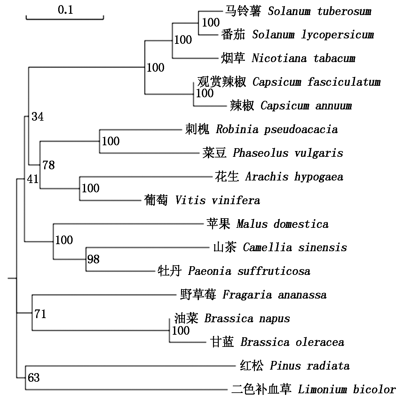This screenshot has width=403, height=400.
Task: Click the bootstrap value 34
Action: tap(37, 117)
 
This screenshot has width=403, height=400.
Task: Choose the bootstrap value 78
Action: tap(49, 165)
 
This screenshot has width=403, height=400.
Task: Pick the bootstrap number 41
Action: tap(33, 179)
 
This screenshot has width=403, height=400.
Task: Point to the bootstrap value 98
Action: tap(93, 259)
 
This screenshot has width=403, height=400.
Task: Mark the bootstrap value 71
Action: tap(40, 314)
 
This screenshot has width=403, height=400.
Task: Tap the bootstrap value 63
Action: tap(34, 378)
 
